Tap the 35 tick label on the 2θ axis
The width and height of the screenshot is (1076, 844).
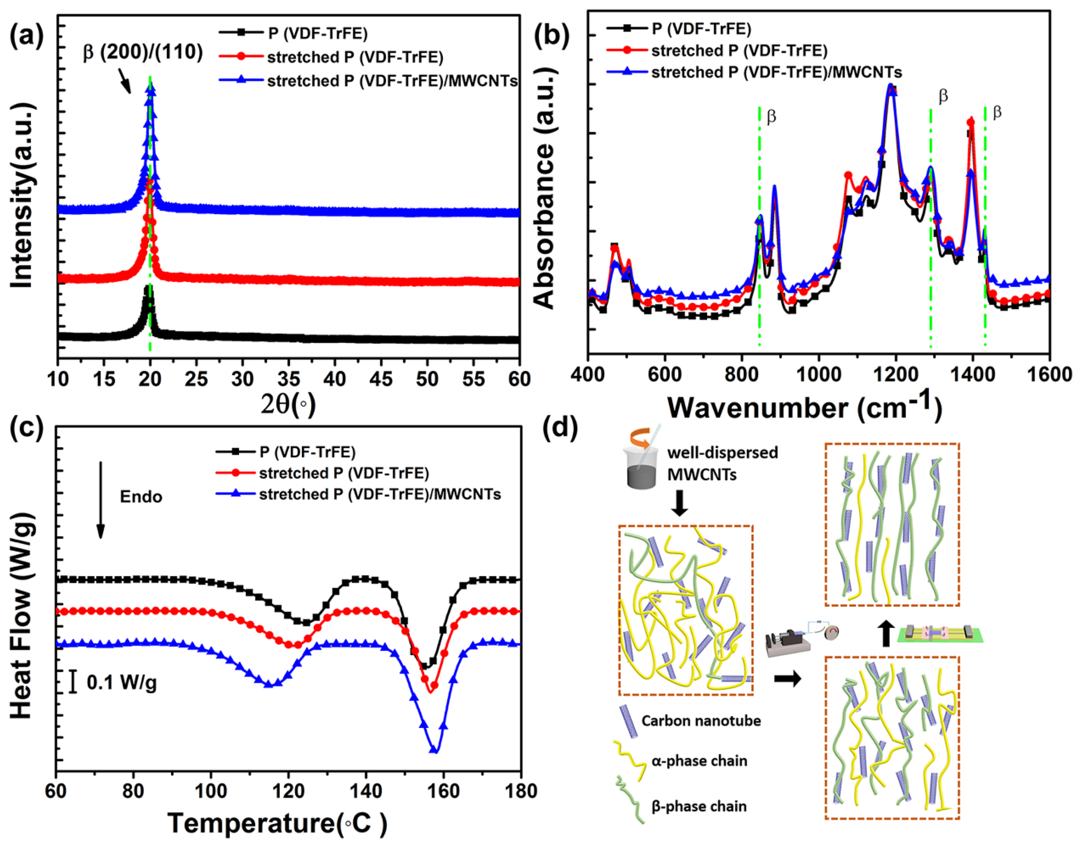click(x=288, y=379)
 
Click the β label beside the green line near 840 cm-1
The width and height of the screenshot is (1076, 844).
click(x=771, y=117)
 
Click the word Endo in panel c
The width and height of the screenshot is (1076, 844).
click(x=141, y=497)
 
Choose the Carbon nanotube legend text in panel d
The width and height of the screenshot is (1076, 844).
click(x=701, y=721)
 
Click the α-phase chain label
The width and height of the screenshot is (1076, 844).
click(x=699, y=761)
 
